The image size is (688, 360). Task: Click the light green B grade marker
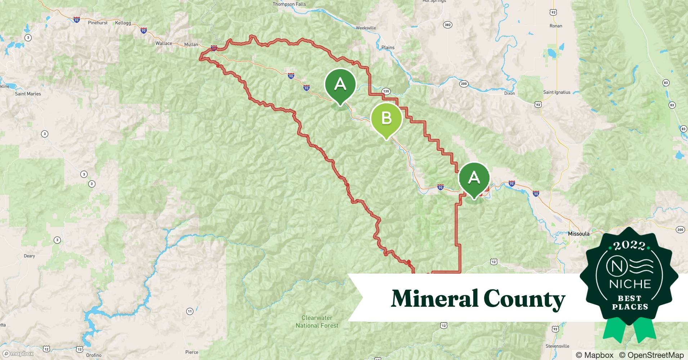(386, 118)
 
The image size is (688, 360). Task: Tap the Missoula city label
(578, 234)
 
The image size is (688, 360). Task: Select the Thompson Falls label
(289, 4)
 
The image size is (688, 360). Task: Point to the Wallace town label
(164, 43)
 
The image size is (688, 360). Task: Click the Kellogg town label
(123, 23)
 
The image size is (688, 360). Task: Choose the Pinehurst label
(98, 23)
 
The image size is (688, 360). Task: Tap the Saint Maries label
(28, 94)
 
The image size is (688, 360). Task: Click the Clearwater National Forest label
(317, 321)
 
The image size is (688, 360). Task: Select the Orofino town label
(94, 355)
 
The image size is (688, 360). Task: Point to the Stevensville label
(557, 346)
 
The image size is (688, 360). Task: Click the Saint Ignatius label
(557, 92)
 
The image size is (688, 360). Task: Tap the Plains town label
(388, 48)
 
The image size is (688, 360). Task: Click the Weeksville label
(366, 28)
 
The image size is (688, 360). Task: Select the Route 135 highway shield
(386, 91)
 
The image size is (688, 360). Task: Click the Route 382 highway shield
(447, 25)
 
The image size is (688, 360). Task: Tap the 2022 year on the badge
(629, 246)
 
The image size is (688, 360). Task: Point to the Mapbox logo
(18, 354)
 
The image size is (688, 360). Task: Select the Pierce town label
(192, 352)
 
